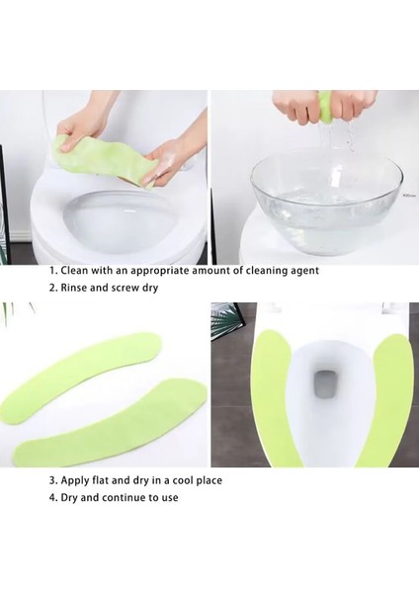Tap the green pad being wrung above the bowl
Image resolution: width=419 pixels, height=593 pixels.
point(325,103)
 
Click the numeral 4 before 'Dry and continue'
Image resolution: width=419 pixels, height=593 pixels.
point(52,498)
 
